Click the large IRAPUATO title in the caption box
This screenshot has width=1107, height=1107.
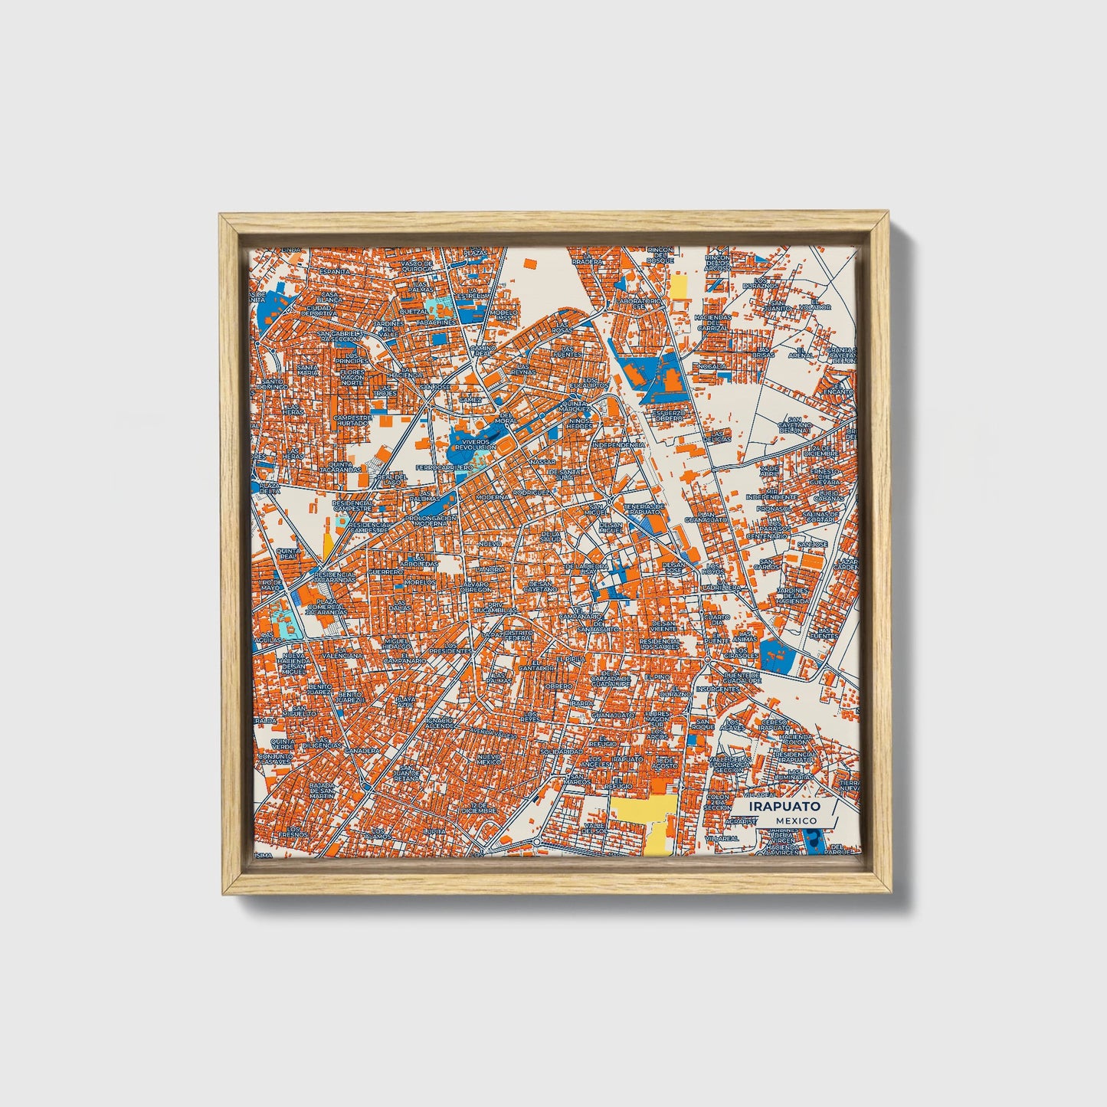(784, 806)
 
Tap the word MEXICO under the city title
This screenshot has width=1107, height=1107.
(794, 820)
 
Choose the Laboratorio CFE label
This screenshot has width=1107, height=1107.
(638, 304)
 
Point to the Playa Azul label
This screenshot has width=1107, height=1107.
(405, 700)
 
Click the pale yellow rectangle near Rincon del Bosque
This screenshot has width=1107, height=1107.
(679, 287)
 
